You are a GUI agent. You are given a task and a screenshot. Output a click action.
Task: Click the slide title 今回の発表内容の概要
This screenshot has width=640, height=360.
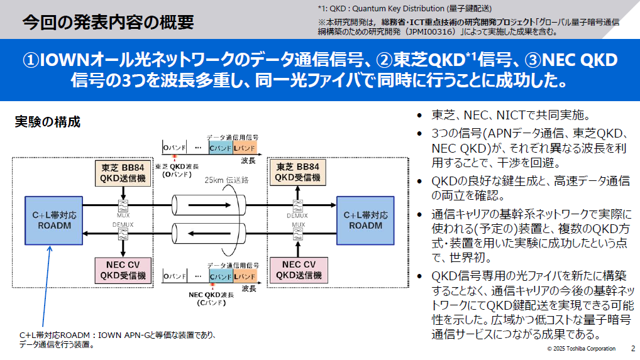pyautogui.click(x=108, y=23)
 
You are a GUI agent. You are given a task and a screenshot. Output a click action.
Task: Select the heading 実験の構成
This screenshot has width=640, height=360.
pyautogui.click(x=47, y=122)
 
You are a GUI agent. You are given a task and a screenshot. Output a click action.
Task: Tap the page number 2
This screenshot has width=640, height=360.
pyautogui.click(x=632, y=348)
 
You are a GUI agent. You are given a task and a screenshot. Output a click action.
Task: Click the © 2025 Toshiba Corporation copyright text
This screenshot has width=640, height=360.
pyautogui.click(x=581, y=349)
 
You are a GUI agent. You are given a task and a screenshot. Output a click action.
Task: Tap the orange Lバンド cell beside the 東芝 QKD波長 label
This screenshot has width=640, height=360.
pyautogui.click(x=245, y=148)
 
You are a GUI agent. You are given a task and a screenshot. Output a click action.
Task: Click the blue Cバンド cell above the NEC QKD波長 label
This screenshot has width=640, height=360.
pyautogui.click(x=221, y=276)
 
